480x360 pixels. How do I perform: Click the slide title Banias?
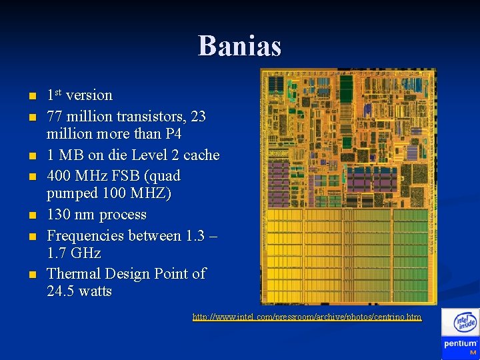(239, 46)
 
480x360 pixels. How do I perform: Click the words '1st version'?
(79, 95)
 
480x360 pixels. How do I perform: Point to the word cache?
(201, 155)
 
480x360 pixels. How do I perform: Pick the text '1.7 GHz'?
(74, 253)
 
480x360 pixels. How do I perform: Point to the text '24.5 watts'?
(79, 291)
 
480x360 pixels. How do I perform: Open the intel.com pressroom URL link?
(307, 317)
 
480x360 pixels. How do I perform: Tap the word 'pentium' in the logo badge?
(460, 344)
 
